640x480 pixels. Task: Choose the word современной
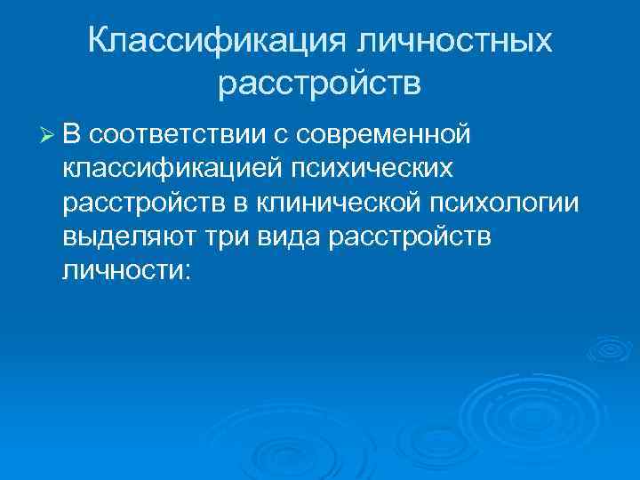point(385,134)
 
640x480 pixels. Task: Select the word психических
point(372,168)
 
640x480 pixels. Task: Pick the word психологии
point(504,203)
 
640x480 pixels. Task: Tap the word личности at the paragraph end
point(120,271)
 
